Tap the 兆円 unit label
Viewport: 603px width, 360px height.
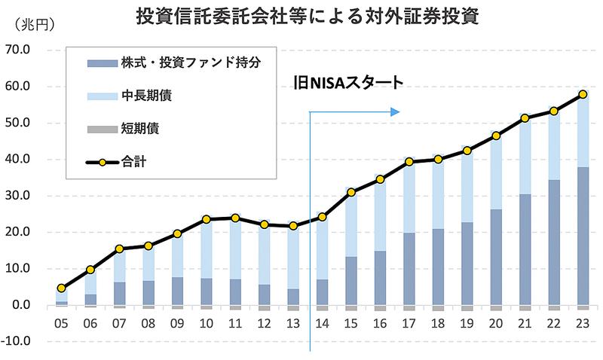click(x=28, y=24)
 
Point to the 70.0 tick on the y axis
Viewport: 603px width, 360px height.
click(x=17, y=50)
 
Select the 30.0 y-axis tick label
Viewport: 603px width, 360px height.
click(x=17, y=196)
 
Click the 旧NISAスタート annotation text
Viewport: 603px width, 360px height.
click(x=349, y=83)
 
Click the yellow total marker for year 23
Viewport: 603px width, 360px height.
click(x=583, y=94)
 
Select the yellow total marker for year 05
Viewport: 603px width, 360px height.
click(x=62, y=288)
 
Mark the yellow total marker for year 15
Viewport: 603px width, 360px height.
click(x=351, y=192)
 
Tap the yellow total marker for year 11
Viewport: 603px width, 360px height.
click(x=235, y=218)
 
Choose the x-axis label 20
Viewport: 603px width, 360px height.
click(x=496, y=324)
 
